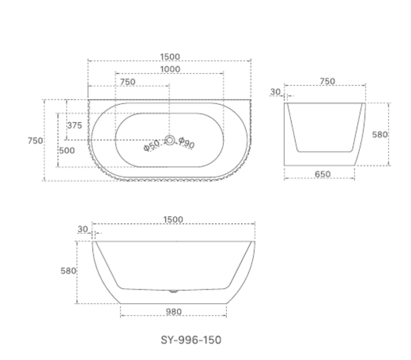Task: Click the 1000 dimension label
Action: (170, 69)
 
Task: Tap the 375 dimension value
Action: (75, 125)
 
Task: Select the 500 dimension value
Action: (67, 150)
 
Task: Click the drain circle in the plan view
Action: (169, 140)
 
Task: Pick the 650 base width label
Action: (323, 174)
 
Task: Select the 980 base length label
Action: (174, 311)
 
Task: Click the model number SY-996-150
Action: (191, 340)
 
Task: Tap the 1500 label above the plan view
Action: (170, 56)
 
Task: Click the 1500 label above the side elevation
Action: (173, 220)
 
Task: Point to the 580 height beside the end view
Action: (380, 135)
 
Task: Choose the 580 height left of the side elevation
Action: (68, 271)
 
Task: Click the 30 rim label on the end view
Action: (275, 92)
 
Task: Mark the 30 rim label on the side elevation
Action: (82, 229)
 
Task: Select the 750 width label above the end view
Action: (327, 81)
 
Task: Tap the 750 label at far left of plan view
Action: (35, 140)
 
